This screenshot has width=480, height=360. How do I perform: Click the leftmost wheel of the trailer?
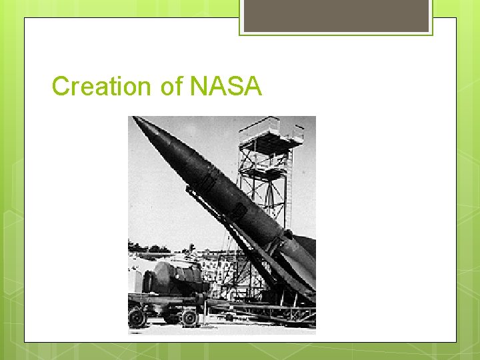(x=138, y=318)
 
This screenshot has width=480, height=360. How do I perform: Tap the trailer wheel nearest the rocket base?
(x=189, y=317)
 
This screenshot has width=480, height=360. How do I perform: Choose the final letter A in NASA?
(x=253, y=86)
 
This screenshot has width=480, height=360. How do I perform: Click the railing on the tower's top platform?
(x=270, y=124)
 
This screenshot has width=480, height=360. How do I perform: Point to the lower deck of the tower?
(x=265, y=171)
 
